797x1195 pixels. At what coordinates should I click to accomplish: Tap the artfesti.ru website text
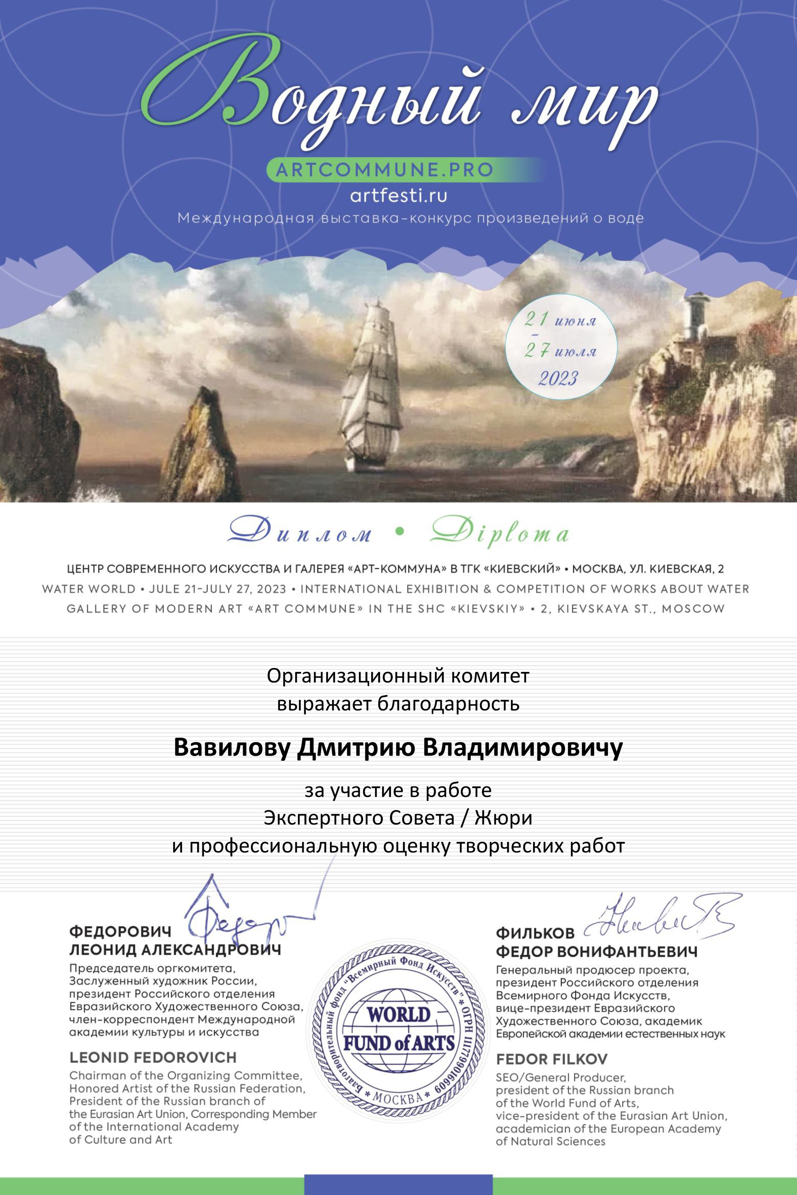point(398,195)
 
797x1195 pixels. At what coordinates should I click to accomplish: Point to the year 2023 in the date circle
point(558,378)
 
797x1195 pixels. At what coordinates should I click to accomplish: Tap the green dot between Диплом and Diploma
point(399,531)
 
